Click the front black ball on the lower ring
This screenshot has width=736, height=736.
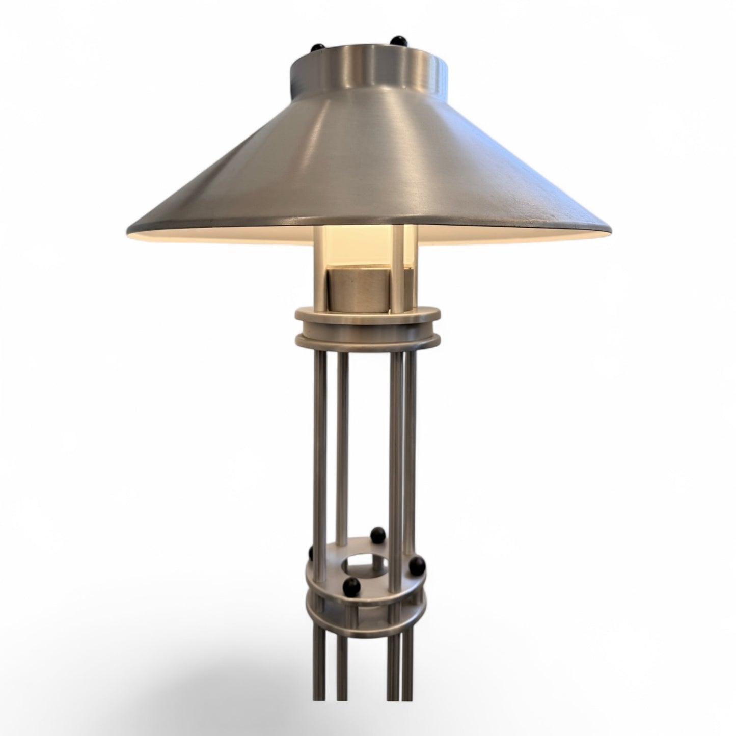pyautogui.click(x=351, y=585)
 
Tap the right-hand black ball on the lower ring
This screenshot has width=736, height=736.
pyautogui.click(x=418, y=563)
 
